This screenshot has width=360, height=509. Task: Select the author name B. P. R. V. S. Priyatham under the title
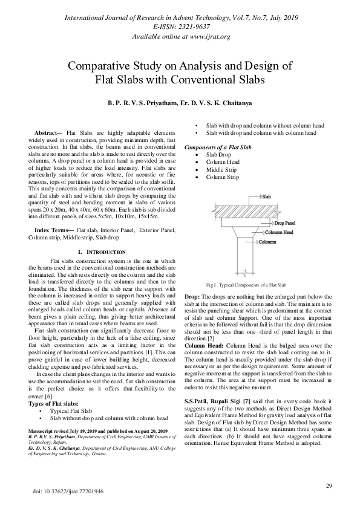pyautogui.click(x=142, y=103)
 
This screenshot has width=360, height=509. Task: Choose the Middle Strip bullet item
pyautogui.click(x=221, y=170)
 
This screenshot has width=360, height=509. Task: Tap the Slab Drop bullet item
pyautogui.click(x=218, y=155)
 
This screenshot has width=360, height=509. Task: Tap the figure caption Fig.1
pyautogui.click(x=246, y=284)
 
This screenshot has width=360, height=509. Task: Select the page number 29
pyautogui.click(x=329, y=485)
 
